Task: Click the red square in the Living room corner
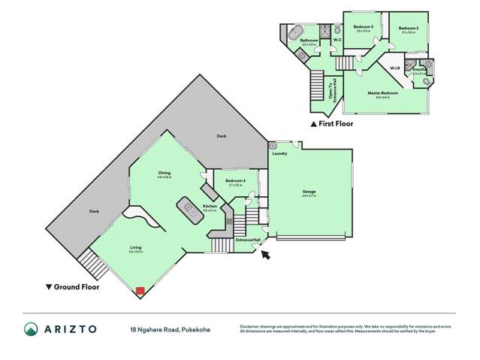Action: [x=140, y=290]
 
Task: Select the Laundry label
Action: [x=280, y=153]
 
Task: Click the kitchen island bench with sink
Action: [x=187, y=207]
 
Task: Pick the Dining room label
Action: [x=165, y=174]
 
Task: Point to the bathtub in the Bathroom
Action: [x=291, y=35]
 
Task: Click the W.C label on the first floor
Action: [x=337, y=40]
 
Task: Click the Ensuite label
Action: [x=419, y=70]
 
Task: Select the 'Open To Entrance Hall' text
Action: [x=332, y=76]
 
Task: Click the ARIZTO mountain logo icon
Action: [x=30, y=328]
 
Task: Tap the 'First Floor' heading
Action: [x=335, y=124]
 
